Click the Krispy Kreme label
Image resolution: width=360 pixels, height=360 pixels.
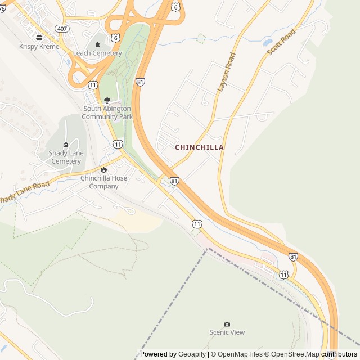[x=39, y=47]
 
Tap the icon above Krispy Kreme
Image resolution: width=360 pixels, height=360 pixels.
[x=39, y=38]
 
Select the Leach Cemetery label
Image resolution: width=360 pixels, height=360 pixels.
[x=97, y=53]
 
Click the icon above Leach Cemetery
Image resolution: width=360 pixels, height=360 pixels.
[x=97, y=45]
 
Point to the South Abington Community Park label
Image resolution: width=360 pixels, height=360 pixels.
[x=107, y=112]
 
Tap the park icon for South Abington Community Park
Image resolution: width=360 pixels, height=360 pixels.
[x=107, y=100]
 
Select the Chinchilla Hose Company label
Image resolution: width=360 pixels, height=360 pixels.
[x=103, y=182]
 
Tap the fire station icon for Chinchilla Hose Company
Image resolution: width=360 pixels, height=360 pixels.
[x=103, y=170]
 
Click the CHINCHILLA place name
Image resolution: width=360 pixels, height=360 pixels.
[x=200, y=147]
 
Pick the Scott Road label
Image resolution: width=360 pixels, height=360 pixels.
[x=281, y=42]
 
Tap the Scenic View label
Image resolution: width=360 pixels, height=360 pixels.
[x=227, y=332]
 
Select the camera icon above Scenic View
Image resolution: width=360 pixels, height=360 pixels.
[x=227, y=325]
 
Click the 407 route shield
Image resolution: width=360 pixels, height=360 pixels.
[x=61, y=28]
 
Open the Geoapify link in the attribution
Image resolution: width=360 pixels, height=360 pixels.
[x=192, y=354]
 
